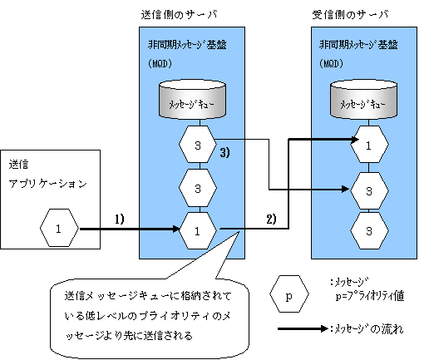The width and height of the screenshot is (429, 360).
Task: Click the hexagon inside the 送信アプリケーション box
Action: coord(59,228)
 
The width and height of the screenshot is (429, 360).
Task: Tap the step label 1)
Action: coord(120,219)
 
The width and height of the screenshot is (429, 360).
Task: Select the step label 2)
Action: coord(271,219)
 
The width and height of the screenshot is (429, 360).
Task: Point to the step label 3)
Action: coord(224,152)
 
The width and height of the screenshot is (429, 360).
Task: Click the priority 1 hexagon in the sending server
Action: coord(198,230)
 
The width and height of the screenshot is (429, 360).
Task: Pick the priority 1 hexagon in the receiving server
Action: coord(369,145)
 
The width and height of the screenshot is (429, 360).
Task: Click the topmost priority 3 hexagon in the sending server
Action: coord(198,145)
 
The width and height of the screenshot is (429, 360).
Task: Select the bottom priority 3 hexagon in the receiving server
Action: coord(369,230)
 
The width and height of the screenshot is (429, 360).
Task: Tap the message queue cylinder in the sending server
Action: coord(192,100)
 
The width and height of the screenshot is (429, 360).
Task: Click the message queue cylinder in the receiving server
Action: coord(363,100)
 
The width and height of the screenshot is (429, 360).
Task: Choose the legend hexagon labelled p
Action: coord(289,294)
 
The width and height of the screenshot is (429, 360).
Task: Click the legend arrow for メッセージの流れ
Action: coord(303,329)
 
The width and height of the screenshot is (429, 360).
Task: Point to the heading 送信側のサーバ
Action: coord(179,14)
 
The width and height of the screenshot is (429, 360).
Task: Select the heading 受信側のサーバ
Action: coord(350,14)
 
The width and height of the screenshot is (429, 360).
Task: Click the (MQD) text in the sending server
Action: coord(160,64)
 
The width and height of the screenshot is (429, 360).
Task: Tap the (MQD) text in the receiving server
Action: coord(331,64)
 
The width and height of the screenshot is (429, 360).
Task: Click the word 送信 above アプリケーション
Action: coord(18,165)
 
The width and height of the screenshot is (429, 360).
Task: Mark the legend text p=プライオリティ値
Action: coord(370,296)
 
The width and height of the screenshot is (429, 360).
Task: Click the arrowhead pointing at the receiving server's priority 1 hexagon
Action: coord(355,140)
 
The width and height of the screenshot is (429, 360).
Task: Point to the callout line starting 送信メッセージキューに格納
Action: coord(148,296)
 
